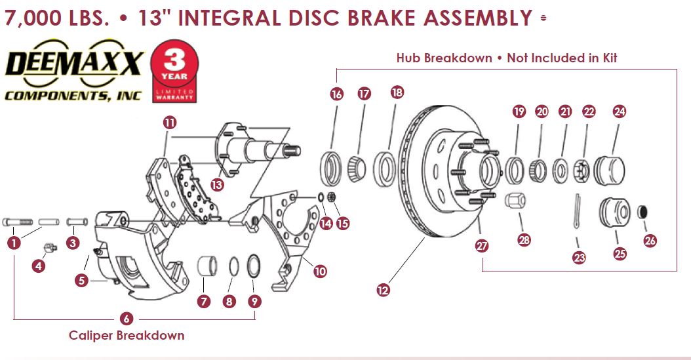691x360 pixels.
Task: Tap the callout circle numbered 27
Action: pos(482,246)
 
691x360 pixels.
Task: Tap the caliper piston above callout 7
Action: pos(207,267)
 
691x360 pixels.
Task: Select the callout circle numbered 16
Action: pos(337,94)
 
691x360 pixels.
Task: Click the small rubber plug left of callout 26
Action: pos(642,212)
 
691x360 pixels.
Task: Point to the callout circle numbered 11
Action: pos(170,123)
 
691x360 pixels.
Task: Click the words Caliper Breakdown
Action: pos(127,335)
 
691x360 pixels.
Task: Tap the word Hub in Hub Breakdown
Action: pos(409,58)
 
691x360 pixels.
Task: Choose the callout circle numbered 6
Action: pos(127,319)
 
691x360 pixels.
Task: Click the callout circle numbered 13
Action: pos(217,184)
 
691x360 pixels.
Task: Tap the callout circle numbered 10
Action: pos(320,270)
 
